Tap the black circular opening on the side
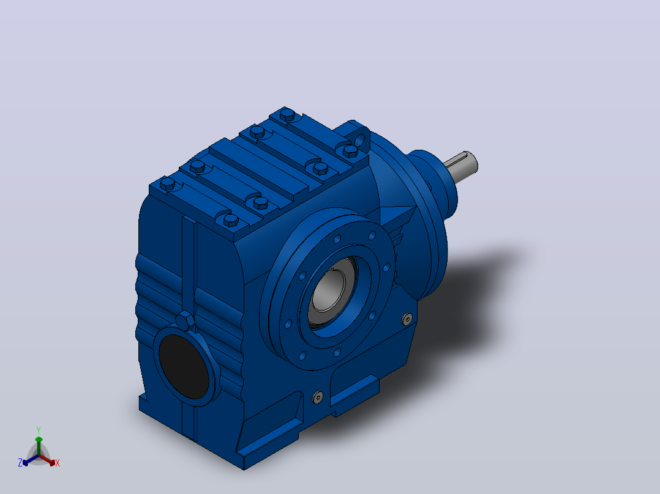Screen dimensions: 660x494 click(x=184, y=367)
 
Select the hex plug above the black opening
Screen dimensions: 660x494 click(x=185, y=322)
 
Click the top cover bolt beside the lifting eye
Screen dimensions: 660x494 click(x=350, y=150)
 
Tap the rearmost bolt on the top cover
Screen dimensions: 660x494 click(x=288, y=114)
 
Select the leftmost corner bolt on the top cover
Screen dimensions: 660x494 click(x=168, y=184)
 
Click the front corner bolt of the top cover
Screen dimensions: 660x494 click(x=231, y=220)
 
